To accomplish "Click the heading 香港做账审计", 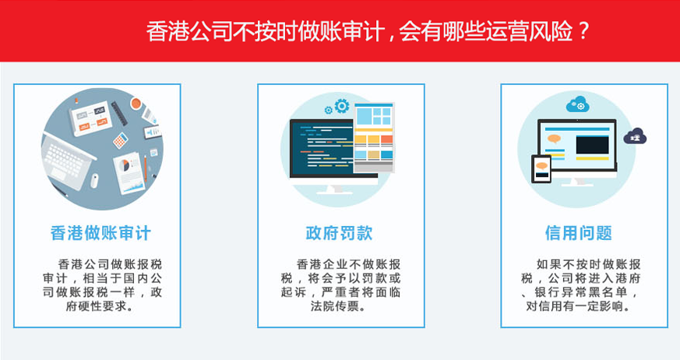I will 100,233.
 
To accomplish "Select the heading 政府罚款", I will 340,233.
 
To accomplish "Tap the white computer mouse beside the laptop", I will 94,180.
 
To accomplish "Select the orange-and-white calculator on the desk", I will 120,141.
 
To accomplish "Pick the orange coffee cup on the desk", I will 136,103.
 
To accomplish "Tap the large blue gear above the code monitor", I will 341,106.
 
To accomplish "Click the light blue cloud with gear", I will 579,104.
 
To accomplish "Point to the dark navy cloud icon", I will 636,136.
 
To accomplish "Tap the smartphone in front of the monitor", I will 541,168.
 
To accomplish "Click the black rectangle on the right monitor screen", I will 592,145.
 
